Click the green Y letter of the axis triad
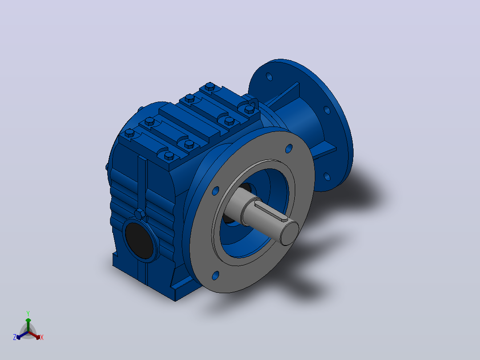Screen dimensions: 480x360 coord(28,313)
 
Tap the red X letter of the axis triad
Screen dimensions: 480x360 coord(42,337)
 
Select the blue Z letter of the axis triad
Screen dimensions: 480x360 coord(15,337)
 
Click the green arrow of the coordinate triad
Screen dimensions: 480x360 coord(28,325)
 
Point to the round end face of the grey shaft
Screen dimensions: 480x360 coord(289,233)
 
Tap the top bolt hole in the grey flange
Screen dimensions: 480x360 coord(289,149)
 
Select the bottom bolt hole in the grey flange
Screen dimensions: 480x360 coord(216,275)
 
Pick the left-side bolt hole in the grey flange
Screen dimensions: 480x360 coord(216,191)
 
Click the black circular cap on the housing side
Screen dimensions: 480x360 coord(139,240)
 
